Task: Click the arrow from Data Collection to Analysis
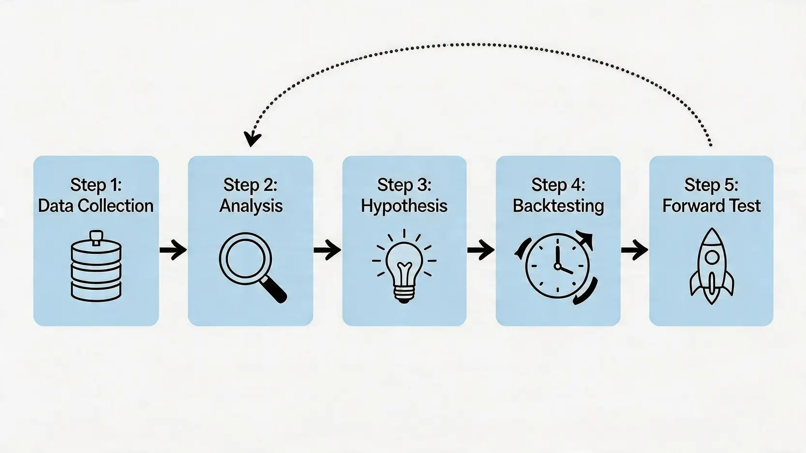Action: pyautogui.click(x=173, y=249)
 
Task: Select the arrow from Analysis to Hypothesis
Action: pyautogui.click(x=327, y=249)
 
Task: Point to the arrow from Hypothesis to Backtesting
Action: pyautogui.click(x=481, y=249)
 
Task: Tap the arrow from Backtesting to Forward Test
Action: pyautogui.click(x=634, y=249)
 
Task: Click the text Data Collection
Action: pyautogui.click(x=96, y=206)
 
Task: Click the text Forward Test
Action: pyautogui.click(x=711, y=206)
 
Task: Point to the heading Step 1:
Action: pyautogui.click(x=96, y=186)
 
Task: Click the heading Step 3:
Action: pyautogui.click(x=404, y=186)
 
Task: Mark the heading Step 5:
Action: pyautogui.click(x=711, y=186)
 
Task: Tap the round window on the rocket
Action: pyautogui.click(x=711, y=257)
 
